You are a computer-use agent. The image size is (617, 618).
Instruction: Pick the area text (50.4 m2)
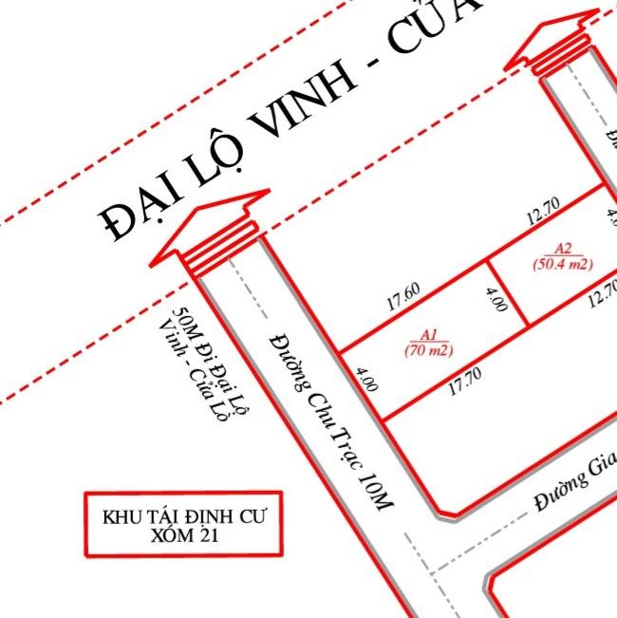[562, 264]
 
